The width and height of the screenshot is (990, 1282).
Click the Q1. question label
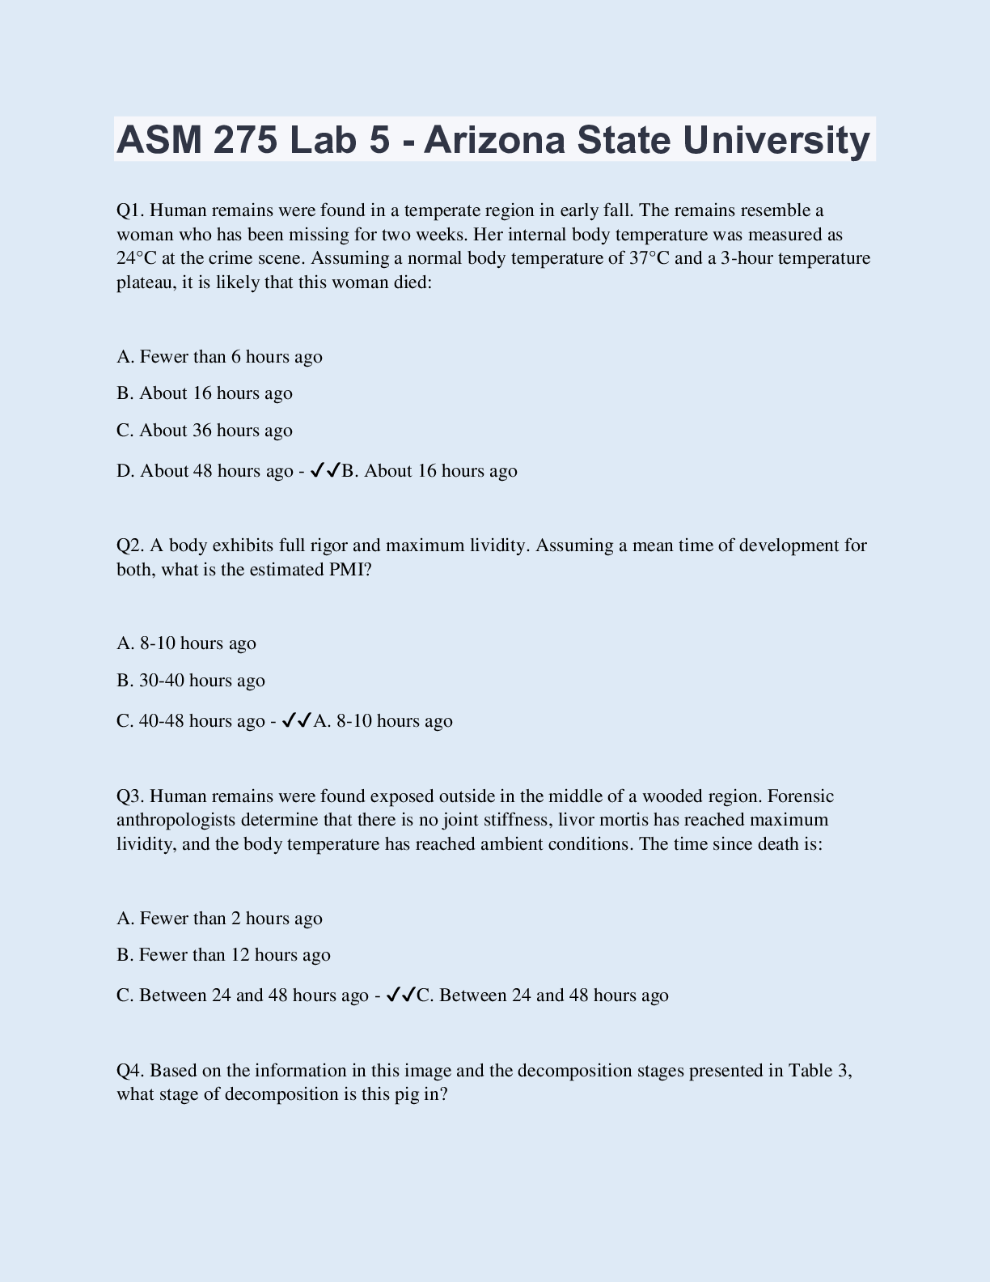(x=130, y=210)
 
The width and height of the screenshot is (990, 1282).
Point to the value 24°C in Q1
(x=136, y=258)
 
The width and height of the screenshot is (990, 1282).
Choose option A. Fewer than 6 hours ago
(x=219, y=356)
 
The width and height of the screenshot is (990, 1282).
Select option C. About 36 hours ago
(x=205, y=430)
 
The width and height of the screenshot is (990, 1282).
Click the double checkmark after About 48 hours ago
(x=325, y=470)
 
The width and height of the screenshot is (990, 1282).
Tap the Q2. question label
(x=130, y=545)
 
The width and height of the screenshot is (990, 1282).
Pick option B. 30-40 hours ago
(x=191, y=680)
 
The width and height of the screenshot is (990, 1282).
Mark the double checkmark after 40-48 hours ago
(x=297, y=720)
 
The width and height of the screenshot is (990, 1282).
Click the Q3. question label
(x=130, y=796)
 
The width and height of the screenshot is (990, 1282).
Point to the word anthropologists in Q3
(x=176, y=820)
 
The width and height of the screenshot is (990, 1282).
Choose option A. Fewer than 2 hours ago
(x=219, y=918)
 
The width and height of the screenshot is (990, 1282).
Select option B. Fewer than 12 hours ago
(x=223, y=954)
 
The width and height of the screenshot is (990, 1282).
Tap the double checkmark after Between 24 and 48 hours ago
(x=400, y=995)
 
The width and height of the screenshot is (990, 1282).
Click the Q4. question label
(x=130, y=1071)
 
